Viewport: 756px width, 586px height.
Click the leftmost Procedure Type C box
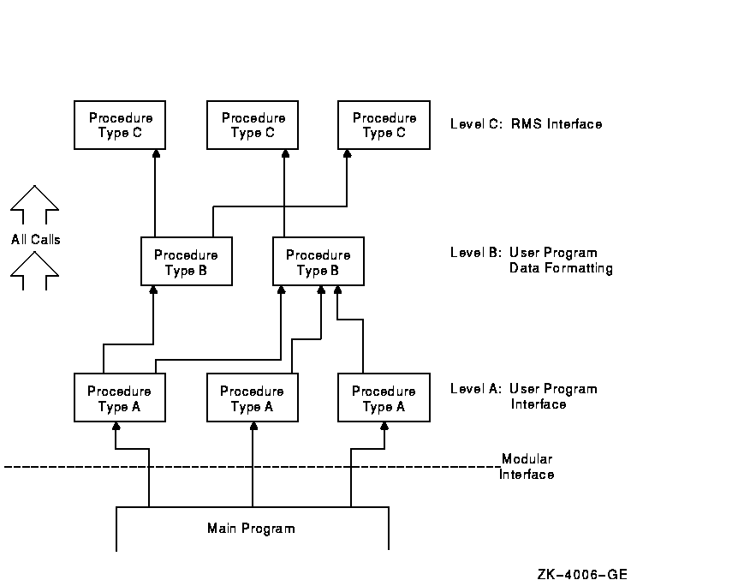(120, 125)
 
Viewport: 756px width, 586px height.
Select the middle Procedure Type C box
(253, 125)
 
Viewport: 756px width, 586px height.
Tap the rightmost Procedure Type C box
(384, 125)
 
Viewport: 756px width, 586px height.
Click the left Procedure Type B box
(186, 262)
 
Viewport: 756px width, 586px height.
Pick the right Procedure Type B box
(318, 262)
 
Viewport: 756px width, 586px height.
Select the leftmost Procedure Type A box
(120, 398)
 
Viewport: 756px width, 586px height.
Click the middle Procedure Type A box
(253, 398)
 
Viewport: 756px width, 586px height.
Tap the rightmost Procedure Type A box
(384, 398)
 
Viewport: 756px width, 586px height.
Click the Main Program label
(251, 529)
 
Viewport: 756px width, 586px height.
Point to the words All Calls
(35, 240)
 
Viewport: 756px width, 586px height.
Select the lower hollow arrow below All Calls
(34, 272)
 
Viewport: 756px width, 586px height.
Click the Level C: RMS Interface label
(526, 124)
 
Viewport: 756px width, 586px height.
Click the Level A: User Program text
(524, 389)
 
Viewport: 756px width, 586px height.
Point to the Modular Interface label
(527, 467)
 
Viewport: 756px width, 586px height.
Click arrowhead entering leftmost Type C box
(155, 154)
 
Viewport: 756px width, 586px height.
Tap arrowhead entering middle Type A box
(253, 427)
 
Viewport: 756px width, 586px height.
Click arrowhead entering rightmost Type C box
(347, 154)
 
